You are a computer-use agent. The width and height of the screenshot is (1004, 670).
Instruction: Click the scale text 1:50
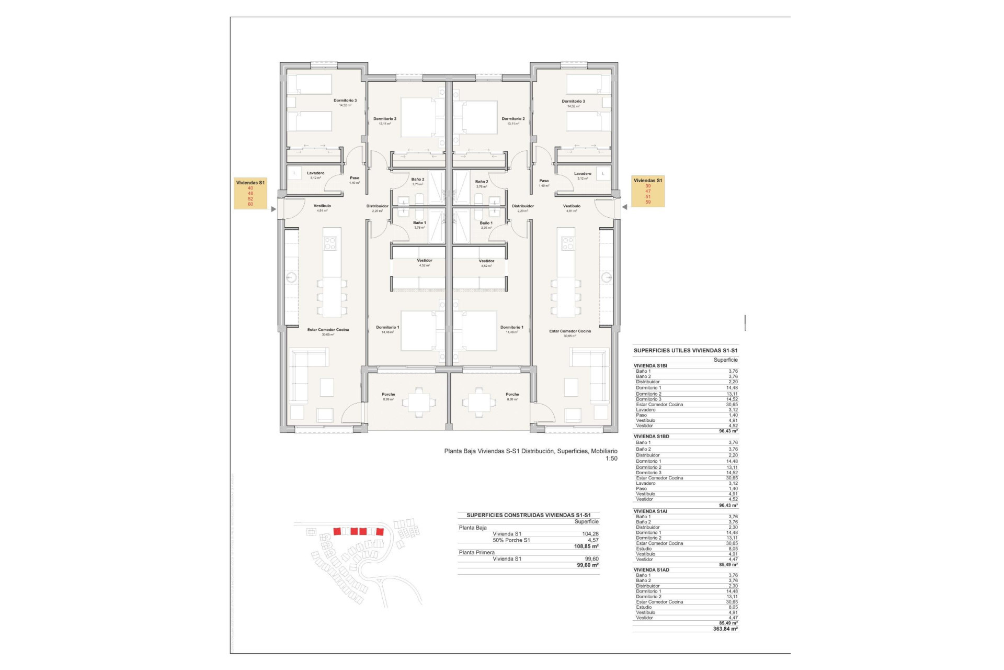pos(611,459)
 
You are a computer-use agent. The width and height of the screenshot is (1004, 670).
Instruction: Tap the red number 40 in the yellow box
pos(250,188)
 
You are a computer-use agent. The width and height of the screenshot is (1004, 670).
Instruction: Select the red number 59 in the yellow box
pos(648,202)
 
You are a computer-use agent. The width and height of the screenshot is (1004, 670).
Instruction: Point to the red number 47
pos(648,191)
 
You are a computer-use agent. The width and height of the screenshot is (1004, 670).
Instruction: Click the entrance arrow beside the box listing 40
pos(273,209)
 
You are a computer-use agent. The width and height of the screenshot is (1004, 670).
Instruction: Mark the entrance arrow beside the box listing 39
pos(624,207)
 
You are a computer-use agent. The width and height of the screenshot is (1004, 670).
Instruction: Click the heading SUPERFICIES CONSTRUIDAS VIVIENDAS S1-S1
pos(528,515)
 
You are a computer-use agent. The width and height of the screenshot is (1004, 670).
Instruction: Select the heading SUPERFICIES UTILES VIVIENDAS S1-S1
pos(686,351)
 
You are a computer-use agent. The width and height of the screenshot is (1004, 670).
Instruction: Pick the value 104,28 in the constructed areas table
pos(590,534)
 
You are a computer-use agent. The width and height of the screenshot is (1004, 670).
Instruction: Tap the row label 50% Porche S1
pos(511,540)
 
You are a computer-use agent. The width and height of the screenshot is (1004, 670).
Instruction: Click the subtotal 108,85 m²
pos(586,546)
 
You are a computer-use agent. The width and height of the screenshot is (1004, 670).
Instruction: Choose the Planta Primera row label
pos(476,552)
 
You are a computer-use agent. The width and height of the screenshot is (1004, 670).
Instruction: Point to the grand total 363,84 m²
pos(725,629)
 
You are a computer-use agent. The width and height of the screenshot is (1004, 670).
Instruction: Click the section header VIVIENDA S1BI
pos(650,366)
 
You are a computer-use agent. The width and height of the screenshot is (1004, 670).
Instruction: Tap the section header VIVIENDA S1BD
pos(651,436)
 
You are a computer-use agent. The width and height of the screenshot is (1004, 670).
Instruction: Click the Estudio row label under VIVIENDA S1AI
pos(644,549)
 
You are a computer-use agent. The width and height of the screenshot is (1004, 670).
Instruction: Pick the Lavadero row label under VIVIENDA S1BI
pos(645,410)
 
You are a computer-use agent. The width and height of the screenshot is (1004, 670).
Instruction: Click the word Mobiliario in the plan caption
pos(604,451)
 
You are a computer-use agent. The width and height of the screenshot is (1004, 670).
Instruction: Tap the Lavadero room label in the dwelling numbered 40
pos(315,173)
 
